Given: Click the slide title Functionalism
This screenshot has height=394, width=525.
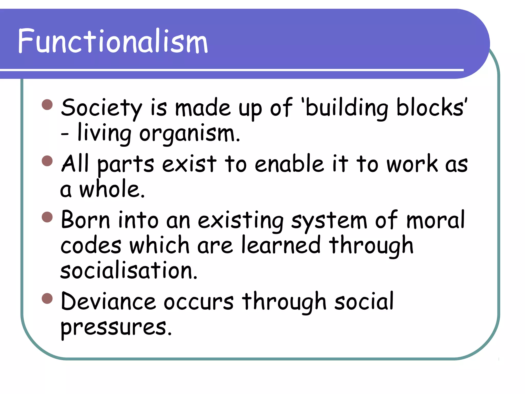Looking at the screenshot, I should tap(113, 42).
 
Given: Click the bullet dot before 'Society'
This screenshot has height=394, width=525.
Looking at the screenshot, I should tap(47, 105).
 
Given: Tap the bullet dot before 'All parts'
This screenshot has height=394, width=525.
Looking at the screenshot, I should tap(47, 161).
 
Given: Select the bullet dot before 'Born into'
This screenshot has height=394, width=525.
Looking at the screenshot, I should tap(47, 217).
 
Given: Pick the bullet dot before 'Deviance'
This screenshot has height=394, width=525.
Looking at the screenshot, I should tap(47, 298).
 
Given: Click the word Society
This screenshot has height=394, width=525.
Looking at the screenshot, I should tap(101, 108).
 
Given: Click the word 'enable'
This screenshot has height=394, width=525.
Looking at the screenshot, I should tap(289, 164).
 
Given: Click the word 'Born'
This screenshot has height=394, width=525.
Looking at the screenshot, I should tap(85, 220).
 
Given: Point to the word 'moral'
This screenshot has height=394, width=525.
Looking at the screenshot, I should tap(435, 220).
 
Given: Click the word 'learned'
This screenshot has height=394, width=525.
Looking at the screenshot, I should tap(281, 245).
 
